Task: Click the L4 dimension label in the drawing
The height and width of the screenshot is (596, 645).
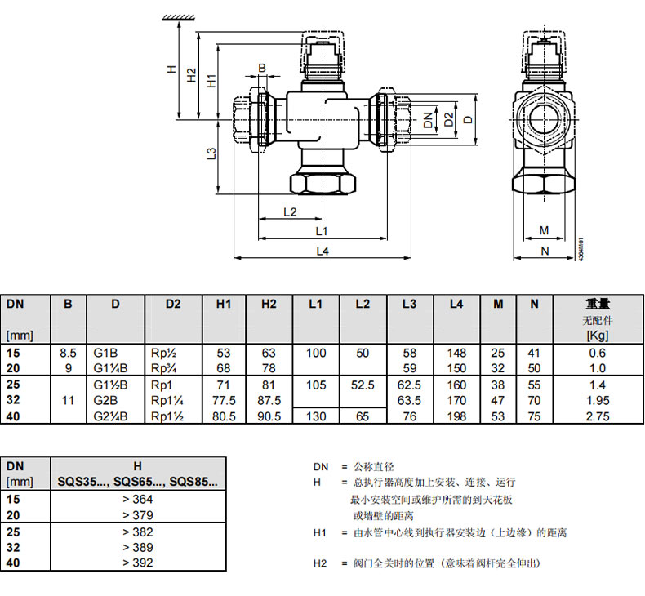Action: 322,251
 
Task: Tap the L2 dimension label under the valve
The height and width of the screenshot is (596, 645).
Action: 290,211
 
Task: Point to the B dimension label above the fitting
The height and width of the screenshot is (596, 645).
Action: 262,68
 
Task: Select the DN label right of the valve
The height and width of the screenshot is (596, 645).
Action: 428,120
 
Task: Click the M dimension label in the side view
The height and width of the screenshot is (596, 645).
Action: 544,231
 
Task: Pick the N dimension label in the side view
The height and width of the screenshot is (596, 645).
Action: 545,251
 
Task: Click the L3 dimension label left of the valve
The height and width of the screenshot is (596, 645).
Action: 211,153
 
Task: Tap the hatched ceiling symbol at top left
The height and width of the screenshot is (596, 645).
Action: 179,17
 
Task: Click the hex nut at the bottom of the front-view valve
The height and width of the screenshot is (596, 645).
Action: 322,184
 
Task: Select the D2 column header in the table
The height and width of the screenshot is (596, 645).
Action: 173,304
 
